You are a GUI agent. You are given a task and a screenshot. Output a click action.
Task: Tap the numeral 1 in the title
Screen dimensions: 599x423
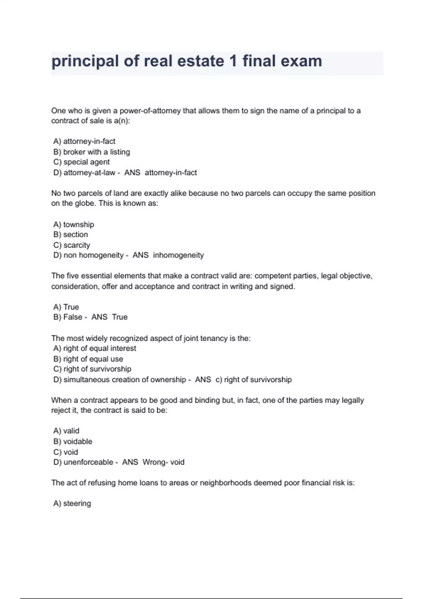click(x=233, y=61)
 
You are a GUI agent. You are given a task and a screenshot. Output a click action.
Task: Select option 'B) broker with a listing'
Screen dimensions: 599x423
click(x=92, y=152)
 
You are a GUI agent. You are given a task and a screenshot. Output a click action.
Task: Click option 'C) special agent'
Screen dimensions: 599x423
click(x=81, y=162)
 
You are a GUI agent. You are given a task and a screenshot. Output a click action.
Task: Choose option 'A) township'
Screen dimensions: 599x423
click(x=74, y=224)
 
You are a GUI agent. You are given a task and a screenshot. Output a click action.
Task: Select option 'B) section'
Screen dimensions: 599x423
click(x=70, y=235)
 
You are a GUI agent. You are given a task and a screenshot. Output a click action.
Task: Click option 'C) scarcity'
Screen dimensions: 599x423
click(x=72, y=245)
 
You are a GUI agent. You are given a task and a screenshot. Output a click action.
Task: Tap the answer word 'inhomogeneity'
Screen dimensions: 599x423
click(x=178, y=255)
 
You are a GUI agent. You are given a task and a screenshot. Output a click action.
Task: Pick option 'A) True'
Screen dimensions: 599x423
click(x=66, y=307)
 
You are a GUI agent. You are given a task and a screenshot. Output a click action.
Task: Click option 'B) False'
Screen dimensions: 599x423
click(x=68, y=317)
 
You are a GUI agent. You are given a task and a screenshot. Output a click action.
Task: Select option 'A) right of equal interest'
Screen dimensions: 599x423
click(x=94, y=348)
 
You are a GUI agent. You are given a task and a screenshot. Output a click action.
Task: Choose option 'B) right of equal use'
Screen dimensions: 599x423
click(x=88, y=359)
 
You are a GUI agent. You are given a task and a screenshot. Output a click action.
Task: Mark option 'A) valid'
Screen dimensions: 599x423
click(x=66, y=431)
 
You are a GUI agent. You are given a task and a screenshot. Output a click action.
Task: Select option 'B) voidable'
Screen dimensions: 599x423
click(x=73, y=441)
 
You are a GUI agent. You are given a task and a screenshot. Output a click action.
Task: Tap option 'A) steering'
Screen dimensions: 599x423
click(x=72, y=504)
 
